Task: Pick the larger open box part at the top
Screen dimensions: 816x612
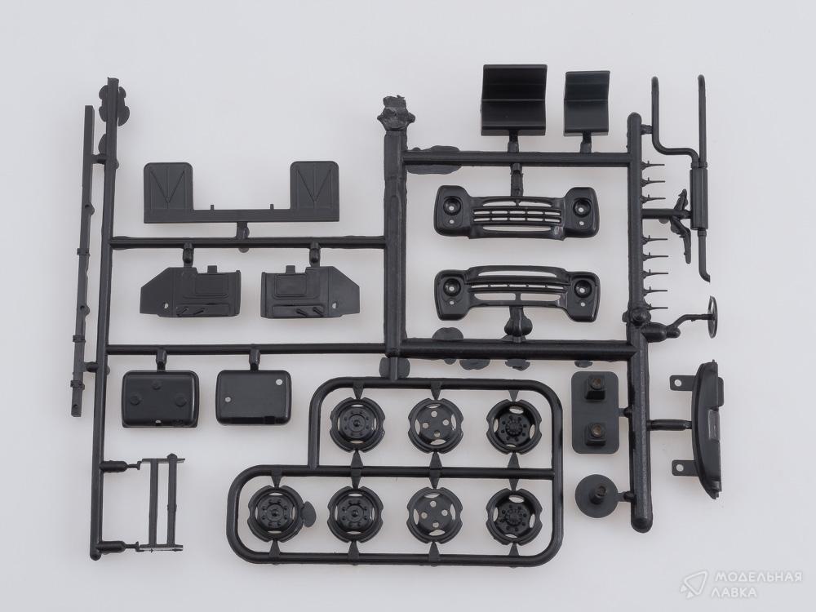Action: (513, 100)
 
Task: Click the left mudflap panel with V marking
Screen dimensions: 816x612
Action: (167, 186)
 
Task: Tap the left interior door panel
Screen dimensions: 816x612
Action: (190, 292)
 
